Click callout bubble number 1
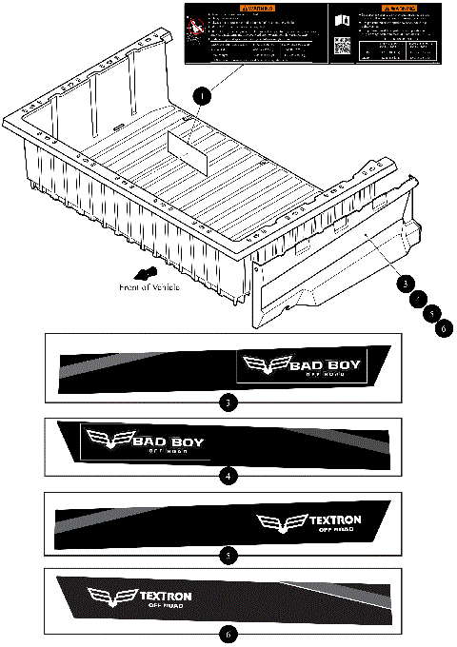point(200,96)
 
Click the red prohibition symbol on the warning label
point(196,23)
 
